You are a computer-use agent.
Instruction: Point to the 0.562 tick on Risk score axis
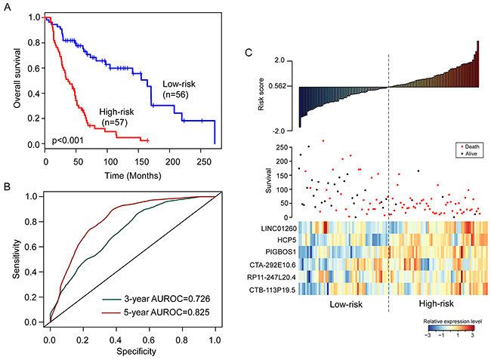coord(285,86)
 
